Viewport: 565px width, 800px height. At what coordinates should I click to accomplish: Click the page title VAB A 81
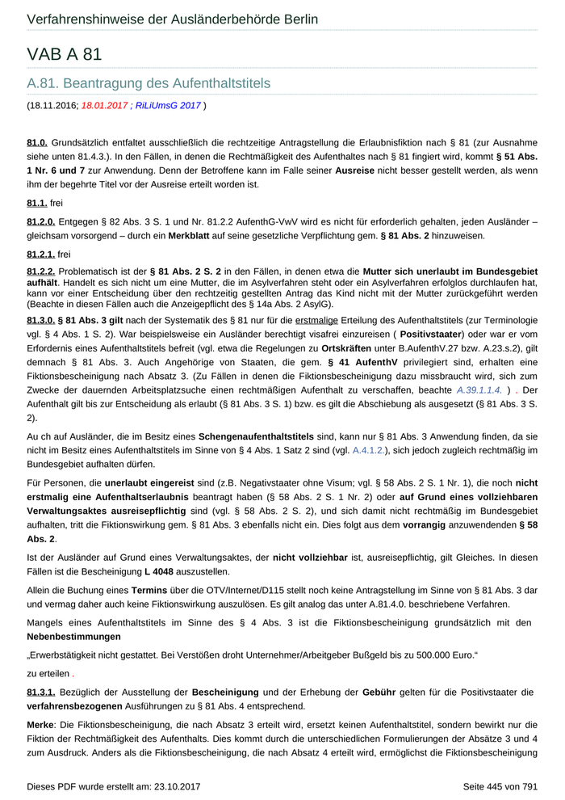[64, 54]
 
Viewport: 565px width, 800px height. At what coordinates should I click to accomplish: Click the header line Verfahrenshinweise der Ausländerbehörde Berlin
[172, 19]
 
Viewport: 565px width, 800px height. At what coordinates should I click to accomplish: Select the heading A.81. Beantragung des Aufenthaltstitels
[149, 83]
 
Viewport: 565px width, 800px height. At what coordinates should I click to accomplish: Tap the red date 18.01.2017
[104, 105]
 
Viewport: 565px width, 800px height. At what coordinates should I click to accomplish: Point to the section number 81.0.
[37, 142]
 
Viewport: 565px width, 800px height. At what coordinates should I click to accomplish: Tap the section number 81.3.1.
[41, 693]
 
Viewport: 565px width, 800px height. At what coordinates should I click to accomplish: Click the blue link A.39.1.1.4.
[479, 389]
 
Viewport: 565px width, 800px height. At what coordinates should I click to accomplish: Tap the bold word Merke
[40, 726]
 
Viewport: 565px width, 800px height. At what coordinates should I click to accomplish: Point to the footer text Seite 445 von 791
[500, 785]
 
